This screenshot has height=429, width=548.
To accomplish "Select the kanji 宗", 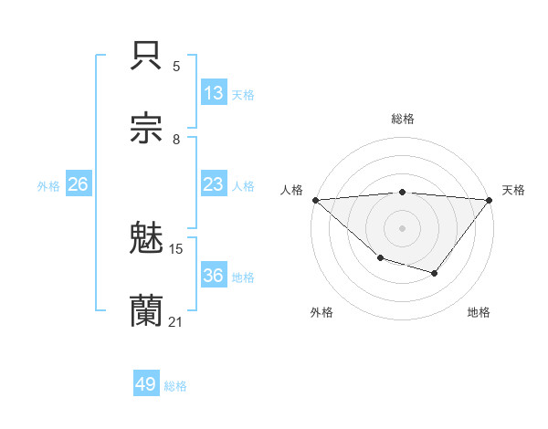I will click(147, 128).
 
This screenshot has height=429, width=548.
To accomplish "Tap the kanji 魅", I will click(147, 239).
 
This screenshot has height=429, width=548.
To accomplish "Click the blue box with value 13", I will click(213, 92).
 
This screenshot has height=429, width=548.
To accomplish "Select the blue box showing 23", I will click(213, 184).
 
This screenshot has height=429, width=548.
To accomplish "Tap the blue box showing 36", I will click(213, 276).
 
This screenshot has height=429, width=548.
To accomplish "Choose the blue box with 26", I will click(78, 184).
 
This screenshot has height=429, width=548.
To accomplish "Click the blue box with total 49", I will click(146, 384).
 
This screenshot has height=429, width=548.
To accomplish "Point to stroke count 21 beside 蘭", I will click(175, 321).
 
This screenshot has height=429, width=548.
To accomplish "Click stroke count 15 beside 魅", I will click(176, 248).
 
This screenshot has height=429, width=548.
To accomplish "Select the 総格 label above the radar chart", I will click(403, 119).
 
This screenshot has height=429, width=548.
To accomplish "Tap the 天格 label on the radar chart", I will click(513, 190).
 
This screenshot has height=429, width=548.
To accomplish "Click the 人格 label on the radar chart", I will click(291, 190).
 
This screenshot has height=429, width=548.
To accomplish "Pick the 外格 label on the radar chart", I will click(321, 312).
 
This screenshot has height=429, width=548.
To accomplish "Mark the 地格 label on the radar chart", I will click(479, 312).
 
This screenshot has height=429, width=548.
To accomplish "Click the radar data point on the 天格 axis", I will click(490, 199).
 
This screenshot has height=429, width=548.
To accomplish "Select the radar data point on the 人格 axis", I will click(315, 199).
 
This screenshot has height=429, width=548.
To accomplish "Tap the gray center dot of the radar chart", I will click(403, 227).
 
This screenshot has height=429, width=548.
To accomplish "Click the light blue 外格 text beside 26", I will click(48, 185).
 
